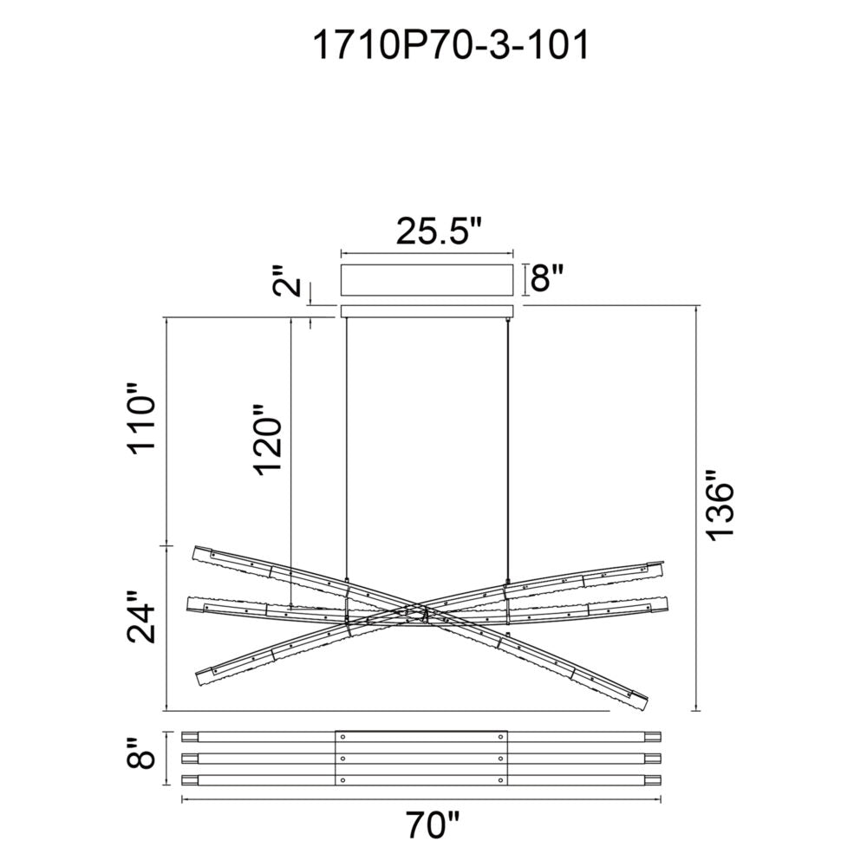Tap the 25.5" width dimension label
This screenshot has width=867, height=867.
[438, 231]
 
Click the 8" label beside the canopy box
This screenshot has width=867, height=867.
[547, 280]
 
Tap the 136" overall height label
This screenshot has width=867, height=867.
[721, 506]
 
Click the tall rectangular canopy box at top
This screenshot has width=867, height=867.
[428, 281]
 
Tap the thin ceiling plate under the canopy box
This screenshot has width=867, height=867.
[428, 311]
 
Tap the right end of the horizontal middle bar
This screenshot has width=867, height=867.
[667, 603]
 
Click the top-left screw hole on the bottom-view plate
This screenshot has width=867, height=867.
[343, 737]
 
